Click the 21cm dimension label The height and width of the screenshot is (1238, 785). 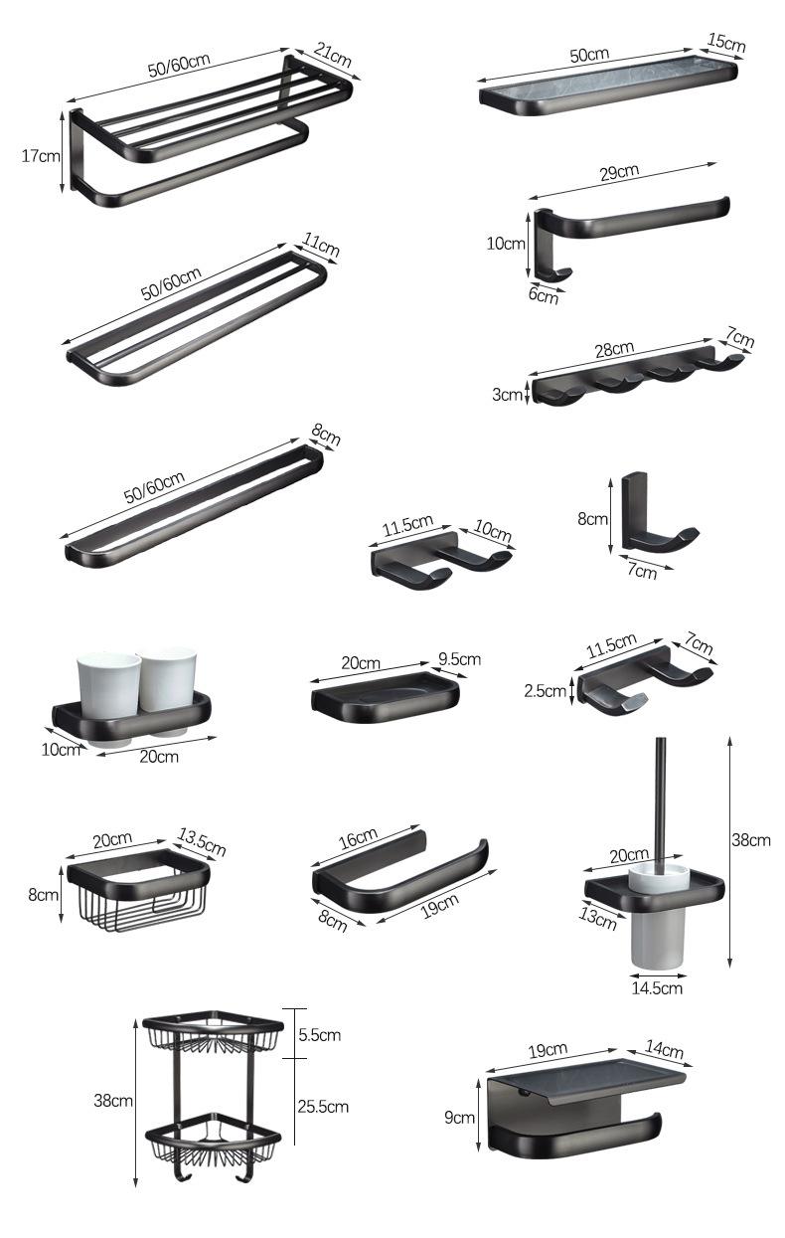(332, 54)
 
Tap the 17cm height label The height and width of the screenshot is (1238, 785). (41, 156)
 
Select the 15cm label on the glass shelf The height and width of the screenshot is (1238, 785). (726, 42)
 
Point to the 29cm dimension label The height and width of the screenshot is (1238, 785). (619, 173)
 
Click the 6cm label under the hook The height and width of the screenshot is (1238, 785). (543, 295)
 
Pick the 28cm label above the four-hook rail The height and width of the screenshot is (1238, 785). (614, 350)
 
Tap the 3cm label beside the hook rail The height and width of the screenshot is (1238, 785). (507, 395)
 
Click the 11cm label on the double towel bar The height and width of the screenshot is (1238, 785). (320, 245)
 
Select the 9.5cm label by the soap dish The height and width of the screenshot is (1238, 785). (460, 659)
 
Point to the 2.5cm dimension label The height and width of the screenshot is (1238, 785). (546, 690)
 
